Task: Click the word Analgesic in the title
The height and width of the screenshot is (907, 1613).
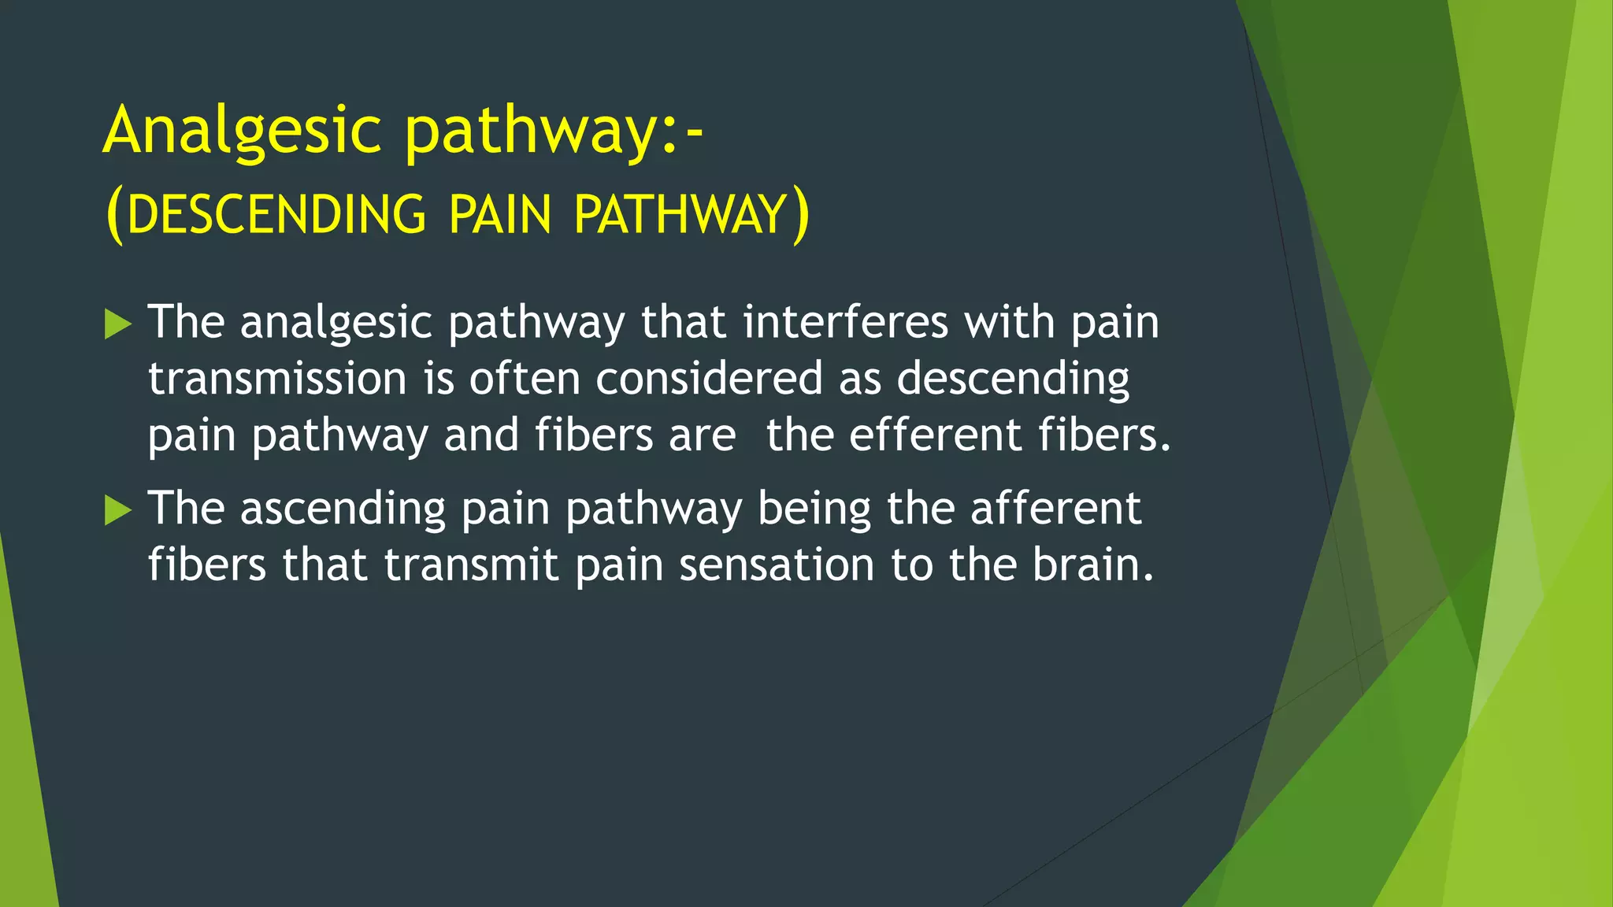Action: [242, 131]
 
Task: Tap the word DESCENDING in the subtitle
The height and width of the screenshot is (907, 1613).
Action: [276, 214]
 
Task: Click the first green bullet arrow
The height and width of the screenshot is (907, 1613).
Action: [117, 324]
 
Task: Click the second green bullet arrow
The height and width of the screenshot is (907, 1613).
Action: [117, 510]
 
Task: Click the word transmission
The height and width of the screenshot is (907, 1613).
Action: [277, 379]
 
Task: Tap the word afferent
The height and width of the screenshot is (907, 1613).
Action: [1055, 508]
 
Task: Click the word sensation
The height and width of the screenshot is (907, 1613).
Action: [777, 565]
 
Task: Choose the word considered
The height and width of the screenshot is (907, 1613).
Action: [709, 379]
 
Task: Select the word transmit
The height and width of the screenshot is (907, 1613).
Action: [471, 565]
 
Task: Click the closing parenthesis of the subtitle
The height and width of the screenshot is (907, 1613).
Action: [800, 215]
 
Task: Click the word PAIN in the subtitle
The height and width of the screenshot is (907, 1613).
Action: [500, 214]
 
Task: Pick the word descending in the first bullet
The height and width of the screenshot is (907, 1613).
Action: [1013, 379]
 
